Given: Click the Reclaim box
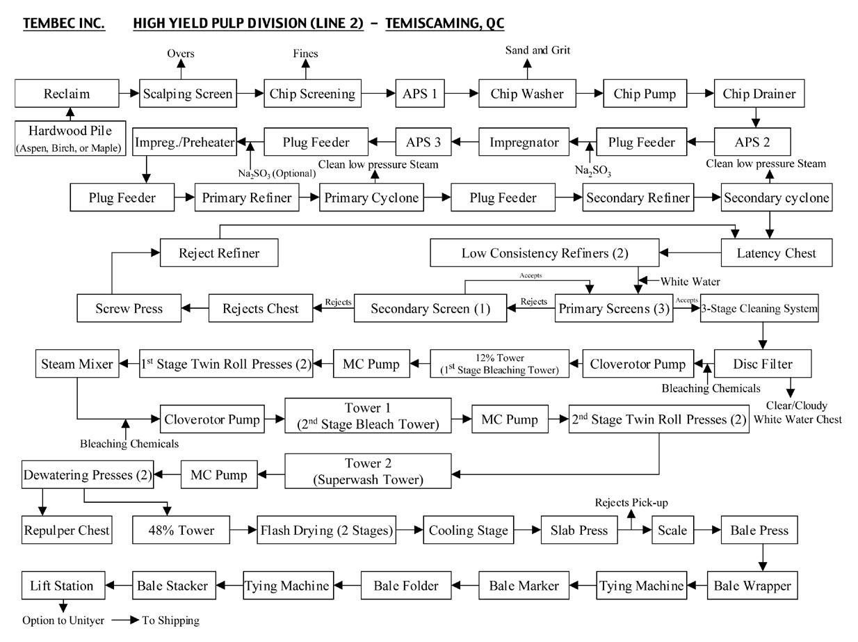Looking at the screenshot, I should (67, 93).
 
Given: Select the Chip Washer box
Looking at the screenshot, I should (526, 93).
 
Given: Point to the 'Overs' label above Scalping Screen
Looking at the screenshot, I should (181, 54).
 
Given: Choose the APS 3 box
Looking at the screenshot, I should (423, 142).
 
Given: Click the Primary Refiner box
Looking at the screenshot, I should (247, 198).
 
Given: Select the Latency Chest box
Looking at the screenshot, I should (776, 252).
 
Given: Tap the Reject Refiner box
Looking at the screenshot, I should (219, 252).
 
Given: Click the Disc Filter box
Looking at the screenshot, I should (763, 363).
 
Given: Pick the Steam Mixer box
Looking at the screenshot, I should (77, 363).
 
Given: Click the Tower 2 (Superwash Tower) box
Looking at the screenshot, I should (368, 471).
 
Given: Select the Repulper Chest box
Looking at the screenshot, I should (66, 530).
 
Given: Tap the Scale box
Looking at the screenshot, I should (672, 530).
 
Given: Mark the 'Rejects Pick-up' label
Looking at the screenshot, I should (632, 502).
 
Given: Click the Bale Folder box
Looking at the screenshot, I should (406, 586).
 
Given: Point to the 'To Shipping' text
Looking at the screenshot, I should (171, 620).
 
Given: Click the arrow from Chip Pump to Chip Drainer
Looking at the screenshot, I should (704, 93).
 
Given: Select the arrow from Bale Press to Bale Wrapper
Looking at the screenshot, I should (763, 558).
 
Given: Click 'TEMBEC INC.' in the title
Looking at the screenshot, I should (64, 23).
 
